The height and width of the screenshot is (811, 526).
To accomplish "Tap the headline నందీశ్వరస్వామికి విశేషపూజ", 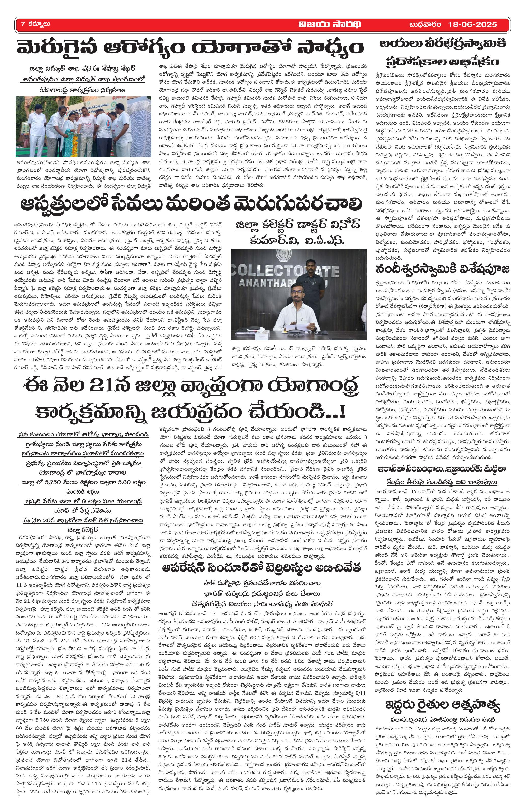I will [443, 269].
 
